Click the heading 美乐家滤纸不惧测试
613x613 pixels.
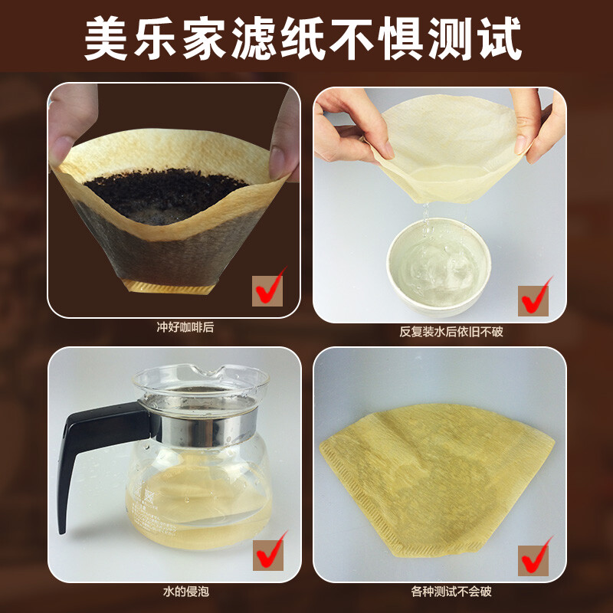coord(306,36)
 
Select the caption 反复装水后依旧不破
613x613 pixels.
coord(440,332)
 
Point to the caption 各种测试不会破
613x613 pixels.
coord(440,592)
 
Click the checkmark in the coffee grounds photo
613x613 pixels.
coord(270,287)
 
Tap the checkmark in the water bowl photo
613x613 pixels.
coord(536,295)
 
